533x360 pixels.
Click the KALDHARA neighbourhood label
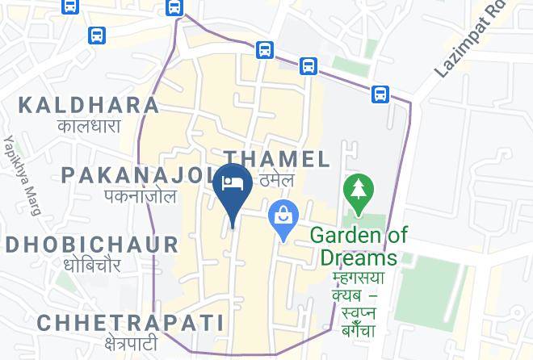point(89,105)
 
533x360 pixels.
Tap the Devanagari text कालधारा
point(89,126)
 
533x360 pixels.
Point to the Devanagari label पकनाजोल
point(140,195)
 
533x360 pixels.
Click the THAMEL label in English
point(277,159)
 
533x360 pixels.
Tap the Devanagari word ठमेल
point(274,179)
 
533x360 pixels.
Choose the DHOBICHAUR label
point(92,245)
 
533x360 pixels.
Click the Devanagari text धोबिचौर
point(92,264)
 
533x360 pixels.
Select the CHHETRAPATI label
point(129,323)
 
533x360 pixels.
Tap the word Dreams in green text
point(359,257)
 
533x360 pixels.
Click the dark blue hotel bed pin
point(233,182)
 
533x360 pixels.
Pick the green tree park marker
point(356,190)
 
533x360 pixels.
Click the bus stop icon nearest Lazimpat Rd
point(380,94)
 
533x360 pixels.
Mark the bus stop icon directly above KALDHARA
point(97,36)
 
